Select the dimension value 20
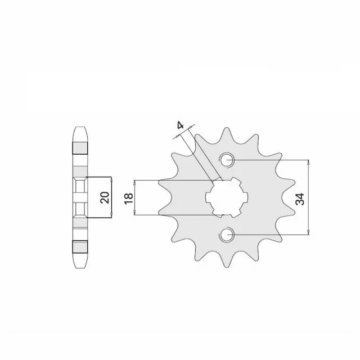tap(104, 197)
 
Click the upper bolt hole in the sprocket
tap(228, 160)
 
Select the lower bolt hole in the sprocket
tap(228, 234)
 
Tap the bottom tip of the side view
tap(79, 267)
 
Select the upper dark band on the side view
tap(79, 147)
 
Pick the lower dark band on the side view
tap(79, 246)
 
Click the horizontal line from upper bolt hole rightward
tap(270, 160)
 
